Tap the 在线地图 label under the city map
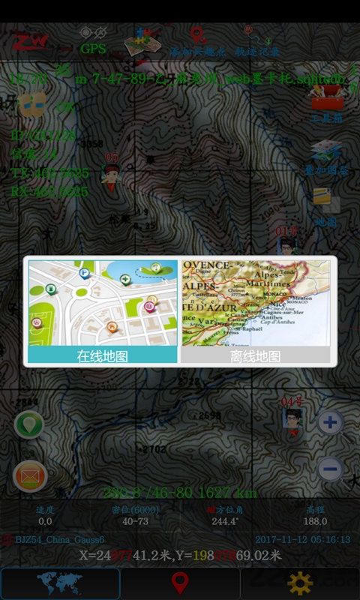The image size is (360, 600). tap(103, 356)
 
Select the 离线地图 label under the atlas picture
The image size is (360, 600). tap(255, 356)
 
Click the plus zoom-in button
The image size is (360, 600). tap(330, 422)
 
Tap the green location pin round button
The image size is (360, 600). tap(29, 424)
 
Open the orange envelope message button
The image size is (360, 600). tap(30, 475)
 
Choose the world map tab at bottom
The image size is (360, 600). tap(60, 583)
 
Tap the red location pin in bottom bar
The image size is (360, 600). tap(179, 583)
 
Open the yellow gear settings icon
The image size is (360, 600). tap(300, 583)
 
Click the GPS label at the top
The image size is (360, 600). tap(93, 49)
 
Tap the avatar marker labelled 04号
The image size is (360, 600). tap(292, 418)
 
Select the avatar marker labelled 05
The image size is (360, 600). tap(112, 173)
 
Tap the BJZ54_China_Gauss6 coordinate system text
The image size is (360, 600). tap(60, 539)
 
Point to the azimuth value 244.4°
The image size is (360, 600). tap(225, 521)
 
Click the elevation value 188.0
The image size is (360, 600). tap(315, 521)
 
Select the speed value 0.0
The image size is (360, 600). tap(45, 521)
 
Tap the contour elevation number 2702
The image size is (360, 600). tap(154, 449)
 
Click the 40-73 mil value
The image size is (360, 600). tap(135, 521)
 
